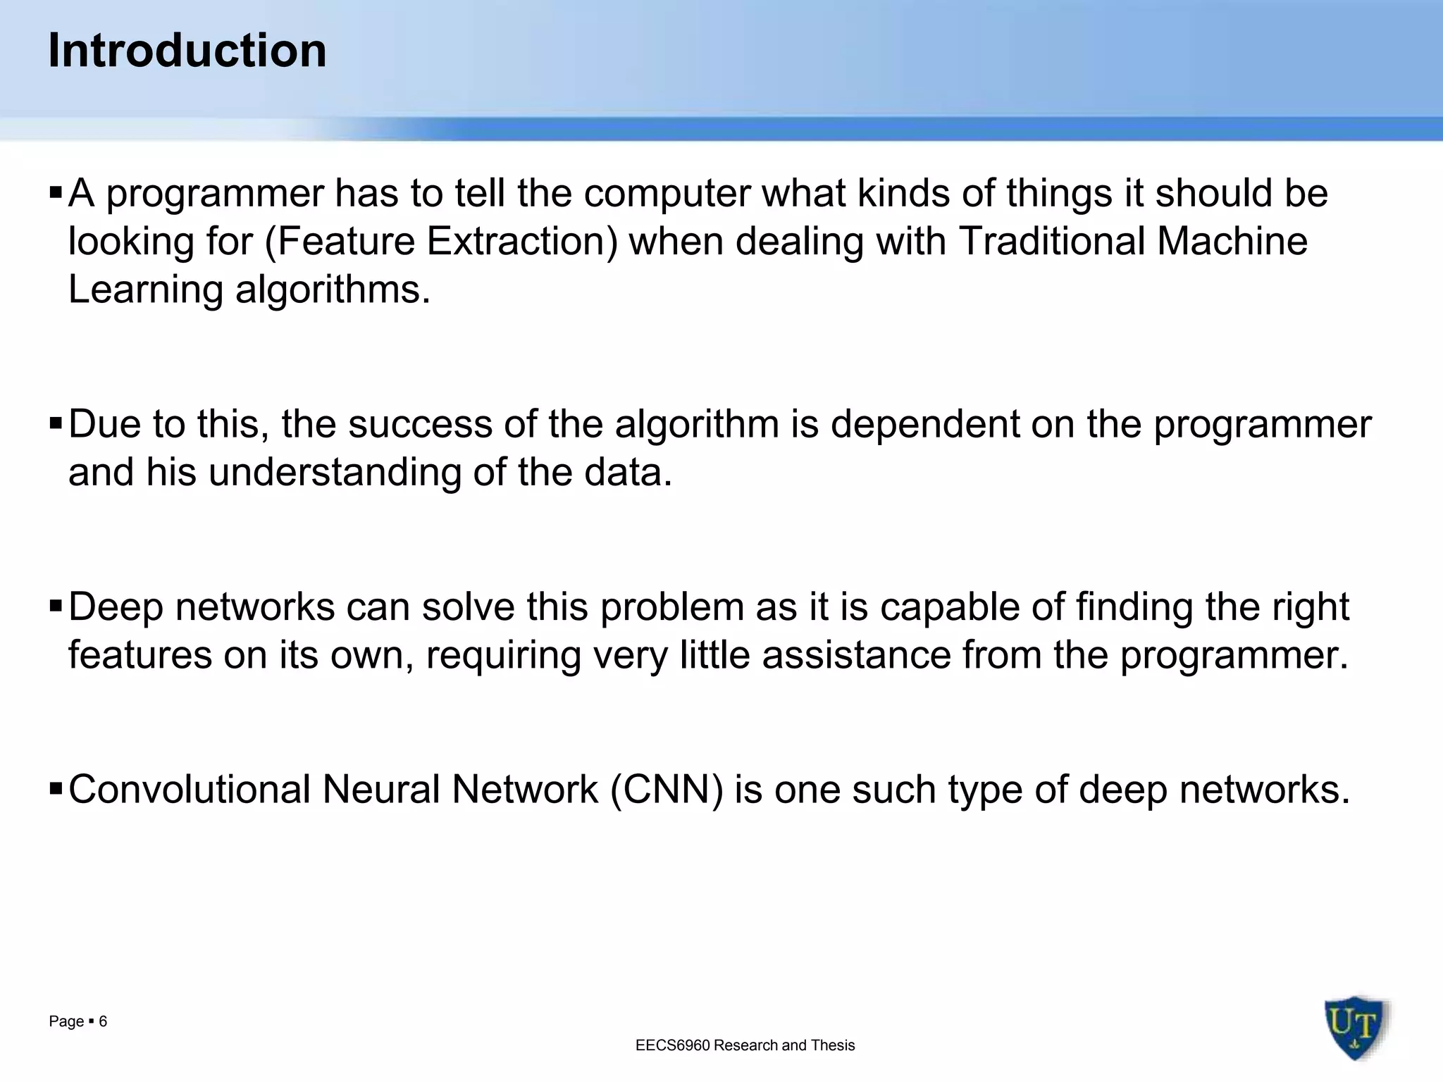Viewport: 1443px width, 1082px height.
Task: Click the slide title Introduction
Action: pos(187,51)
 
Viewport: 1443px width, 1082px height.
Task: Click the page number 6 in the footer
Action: pos(103,1021)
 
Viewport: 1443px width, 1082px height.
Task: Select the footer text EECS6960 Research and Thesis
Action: pos(745,1045)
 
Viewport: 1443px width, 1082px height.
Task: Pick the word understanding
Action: pos(335,472)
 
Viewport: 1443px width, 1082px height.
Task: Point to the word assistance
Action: pos(856,655)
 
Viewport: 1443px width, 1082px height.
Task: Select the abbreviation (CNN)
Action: pos(667,789)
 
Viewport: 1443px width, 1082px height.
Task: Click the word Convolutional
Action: pos(190,789)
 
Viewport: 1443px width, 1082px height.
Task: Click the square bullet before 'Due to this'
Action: pos(56,424)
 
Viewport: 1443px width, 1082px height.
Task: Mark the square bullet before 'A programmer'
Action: pos(56,192)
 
